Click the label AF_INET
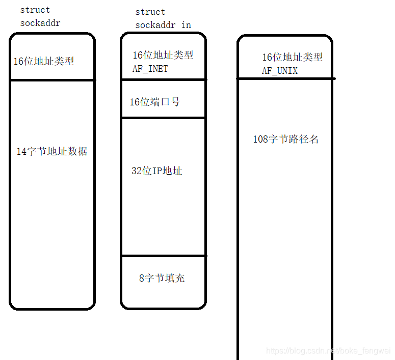coord(150,69)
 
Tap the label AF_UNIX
coord(280,71)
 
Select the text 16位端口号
coord(155,102)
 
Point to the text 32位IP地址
coord(157,171)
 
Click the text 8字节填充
coord(162,278)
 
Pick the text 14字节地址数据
coord(52,151)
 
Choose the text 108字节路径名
coord(286,139)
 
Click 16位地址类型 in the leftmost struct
coord(44,61)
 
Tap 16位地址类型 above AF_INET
coord(163,56)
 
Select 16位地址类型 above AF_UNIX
coord(293,58)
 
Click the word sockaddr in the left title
coord(40,23)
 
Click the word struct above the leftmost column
coord(35,10)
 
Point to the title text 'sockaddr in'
coord(163,25)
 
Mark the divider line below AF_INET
coord(163,79)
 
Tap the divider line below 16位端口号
coord(163,118)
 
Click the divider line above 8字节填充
coord(163,256)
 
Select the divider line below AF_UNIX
coord(285,78)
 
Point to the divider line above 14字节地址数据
coord(52,80)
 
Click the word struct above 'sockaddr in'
coord(150,12)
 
